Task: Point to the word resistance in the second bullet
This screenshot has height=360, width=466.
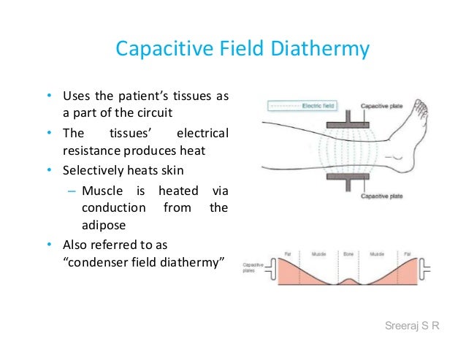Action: point(87,151)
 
